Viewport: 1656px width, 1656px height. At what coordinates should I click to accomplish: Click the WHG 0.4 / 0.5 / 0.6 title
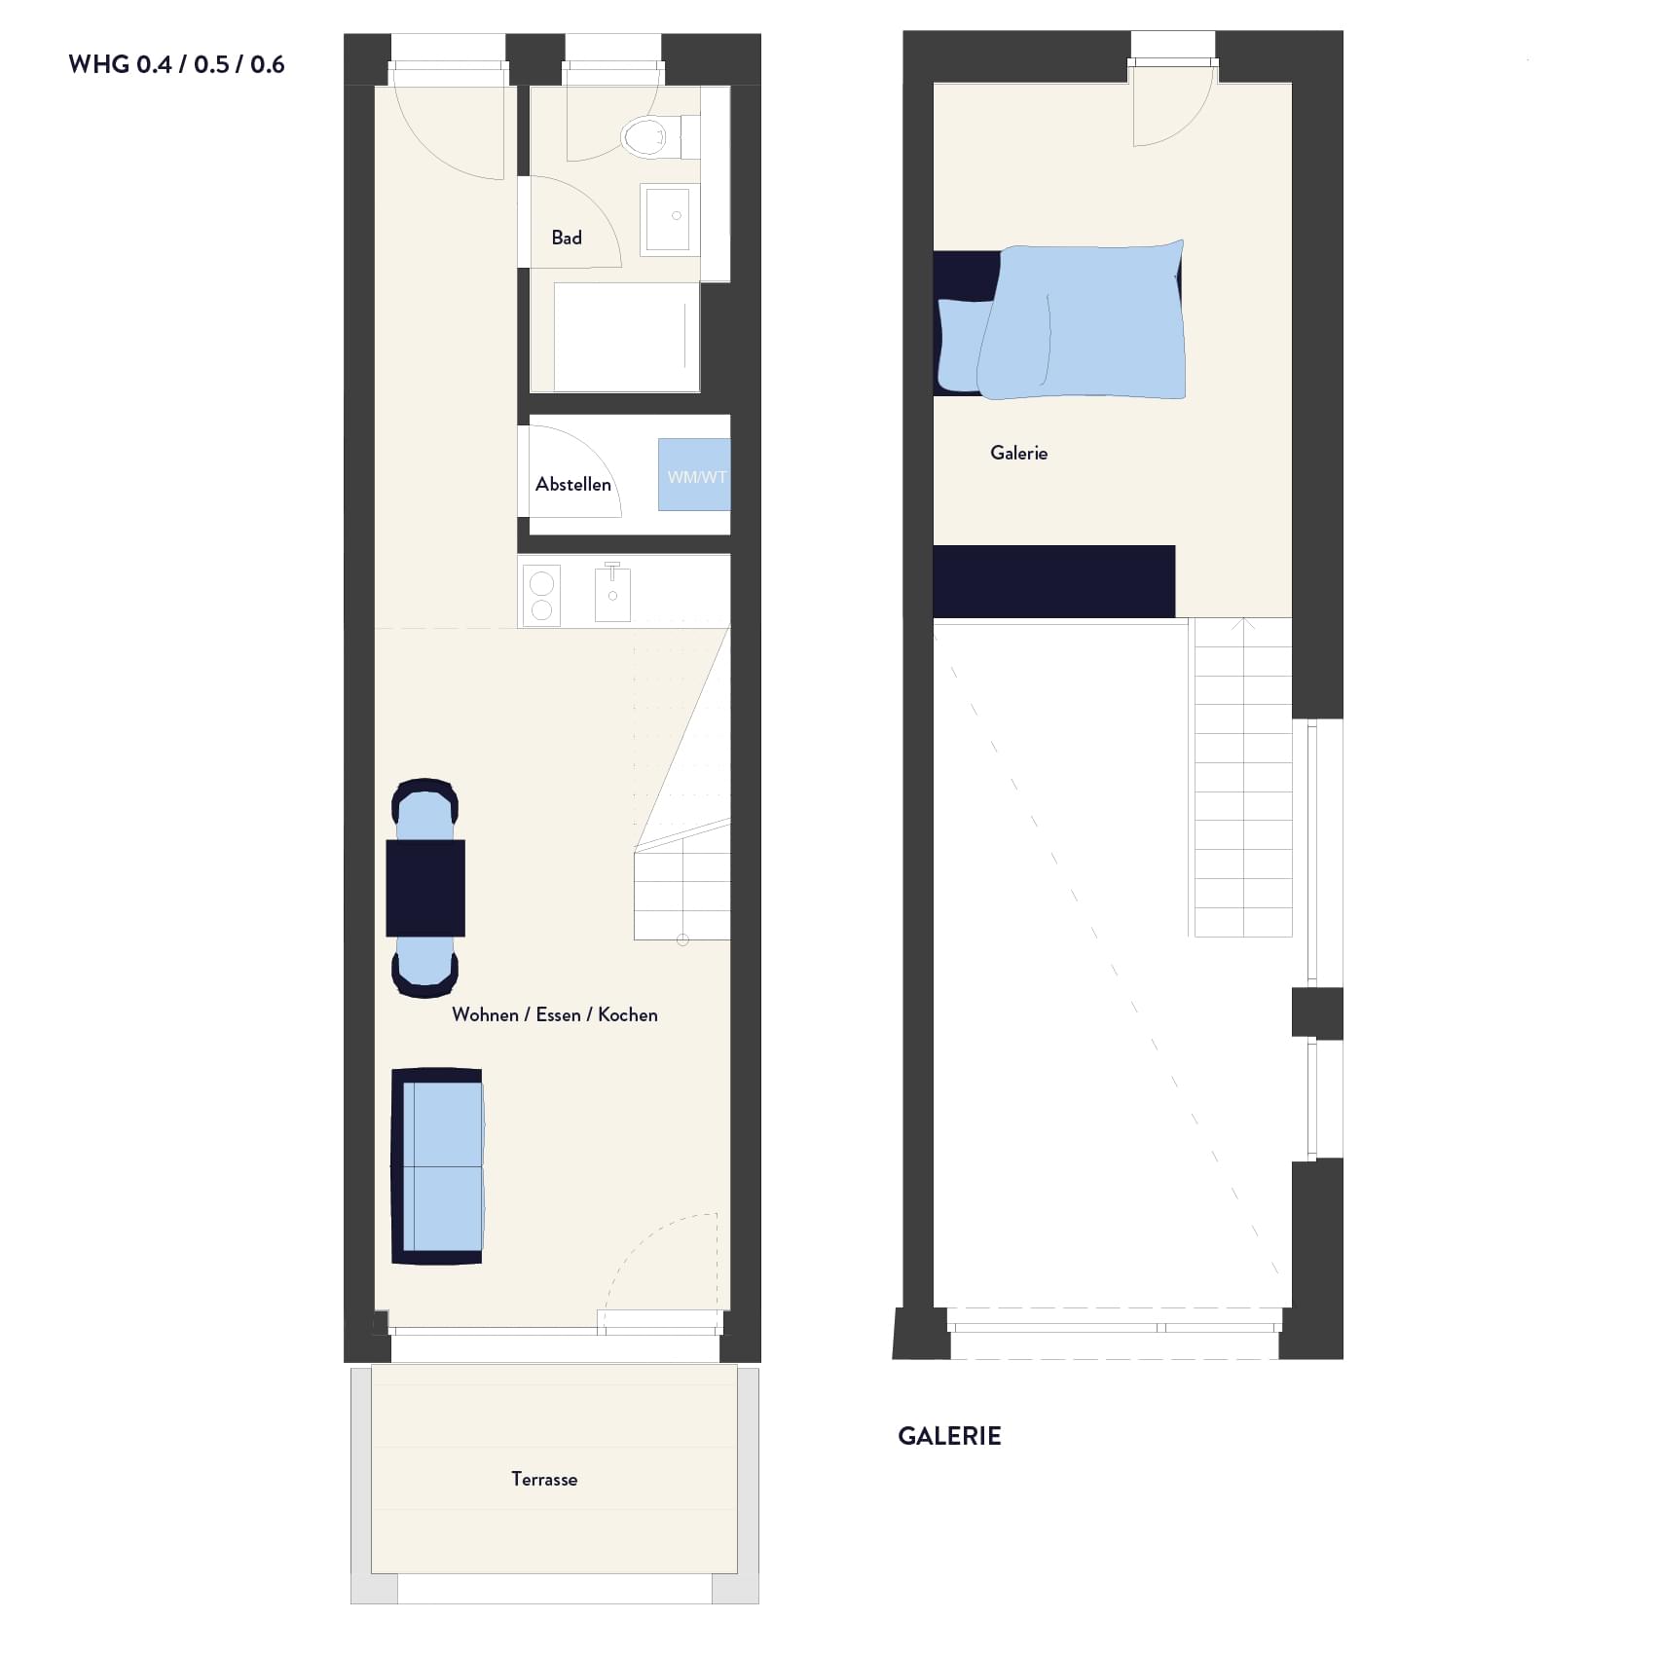[x=176, y=64]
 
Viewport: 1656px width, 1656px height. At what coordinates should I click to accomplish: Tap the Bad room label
[x=567, y=238]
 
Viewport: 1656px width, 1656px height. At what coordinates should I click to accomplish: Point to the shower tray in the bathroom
[x=627, y=337]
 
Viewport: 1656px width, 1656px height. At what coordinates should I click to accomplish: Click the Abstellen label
[x=573, y=484]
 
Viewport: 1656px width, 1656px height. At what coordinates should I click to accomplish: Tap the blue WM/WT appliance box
[x=694, y=475]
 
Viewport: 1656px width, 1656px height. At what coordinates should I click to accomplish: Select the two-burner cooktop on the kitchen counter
[x=541, y=595]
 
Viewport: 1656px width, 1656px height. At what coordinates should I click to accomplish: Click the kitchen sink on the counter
[x=612, y=593]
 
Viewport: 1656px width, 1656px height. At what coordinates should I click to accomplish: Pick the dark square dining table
[x=425, y=888]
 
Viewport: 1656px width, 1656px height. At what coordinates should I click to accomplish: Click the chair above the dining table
[x=424, y=809]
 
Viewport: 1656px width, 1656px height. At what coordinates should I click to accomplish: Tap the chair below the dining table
[x=424, y=967]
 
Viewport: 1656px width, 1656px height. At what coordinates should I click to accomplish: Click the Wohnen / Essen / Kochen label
[x=555, y=1014]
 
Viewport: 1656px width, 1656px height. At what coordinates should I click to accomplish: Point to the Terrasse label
[x=544, y=1479]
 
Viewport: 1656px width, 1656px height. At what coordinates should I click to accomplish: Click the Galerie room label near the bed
[x=1019, y=453]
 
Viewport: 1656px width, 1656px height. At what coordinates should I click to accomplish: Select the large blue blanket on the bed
[x=1083, y=320]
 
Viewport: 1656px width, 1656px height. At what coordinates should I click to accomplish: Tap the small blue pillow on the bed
[x=965, y=345]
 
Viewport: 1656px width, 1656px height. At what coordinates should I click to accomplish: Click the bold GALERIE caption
[x=949, y=1436]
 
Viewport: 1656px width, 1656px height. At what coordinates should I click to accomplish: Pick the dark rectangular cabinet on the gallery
[x=1054, y=581]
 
